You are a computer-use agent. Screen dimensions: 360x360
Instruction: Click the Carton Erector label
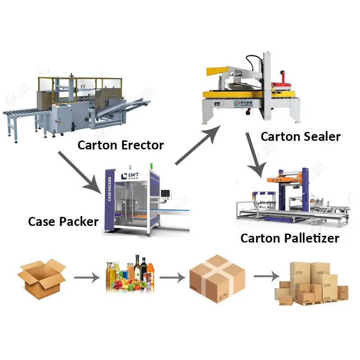tap(121, 145)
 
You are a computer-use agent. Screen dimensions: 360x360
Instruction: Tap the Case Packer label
tap(63, 221)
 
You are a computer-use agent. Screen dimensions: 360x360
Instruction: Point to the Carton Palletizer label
tap(290, 238)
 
